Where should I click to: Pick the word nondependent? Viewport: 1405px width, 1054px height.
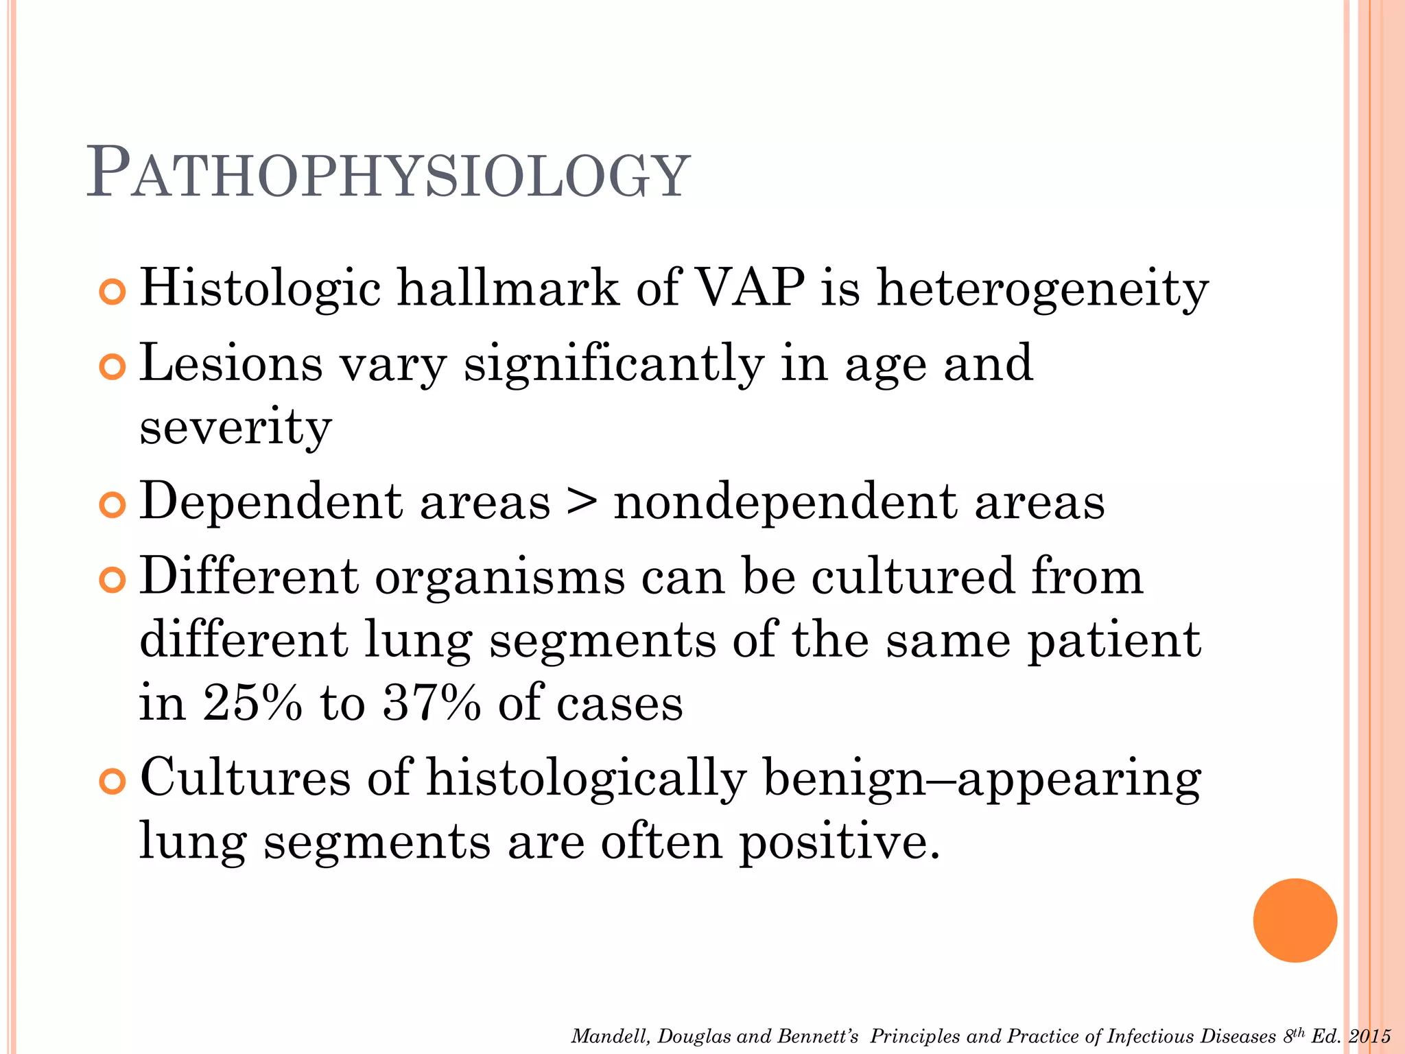[785, 502]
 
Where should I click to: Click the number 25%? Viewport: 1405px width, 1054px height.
[252, 703]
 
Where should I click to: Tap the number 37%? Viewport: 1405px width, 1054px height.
[432, 703]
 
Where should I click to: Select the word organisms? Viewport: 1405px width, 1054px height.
[499, 578]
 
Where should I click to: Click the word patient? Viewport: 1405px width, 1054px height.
[1113, 641]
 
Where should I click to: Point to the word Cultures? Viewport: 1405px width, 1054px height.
[246, 778]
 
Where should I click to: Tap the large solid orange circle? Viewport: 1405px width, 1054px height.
[1295, 920]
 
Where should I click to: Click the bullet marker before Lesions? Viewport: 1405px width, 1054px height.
[112, 367]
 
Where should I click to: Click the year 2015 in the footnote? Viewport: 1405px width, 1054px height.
[1369, 1036]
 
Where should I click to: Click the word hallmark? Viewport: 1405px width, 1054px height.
[508, 288]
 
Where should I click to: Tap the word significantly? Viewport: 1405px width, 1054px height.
[613, 365]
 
